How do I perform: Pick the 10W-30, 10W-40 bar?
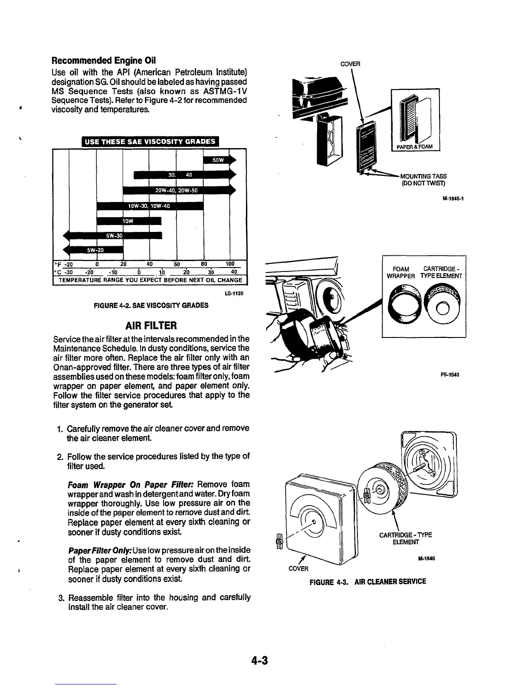point(150,206)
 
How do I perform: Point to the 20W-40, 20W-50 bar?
point(177,191)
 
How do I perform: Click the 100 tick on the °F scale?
point(229,264)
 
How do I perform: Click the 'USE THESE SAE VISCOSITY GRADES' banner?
point(150,142)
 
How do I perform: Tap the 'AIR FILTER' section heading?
point(151,325)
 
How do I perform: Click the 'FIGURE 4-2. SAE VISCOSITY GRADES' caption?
point(151,305)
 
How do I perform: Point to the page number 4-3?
point(259,661)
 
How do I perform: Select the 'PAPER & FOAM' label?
point(416,146)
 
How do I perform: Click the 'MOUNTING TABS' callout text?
point(423,176)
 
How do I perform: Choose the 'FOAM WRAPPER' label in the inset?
point(401,272)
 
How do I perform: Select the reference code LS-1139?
point(235,293)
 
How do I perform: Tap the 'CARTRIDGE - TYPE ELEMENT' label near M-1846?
point(406,538)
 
